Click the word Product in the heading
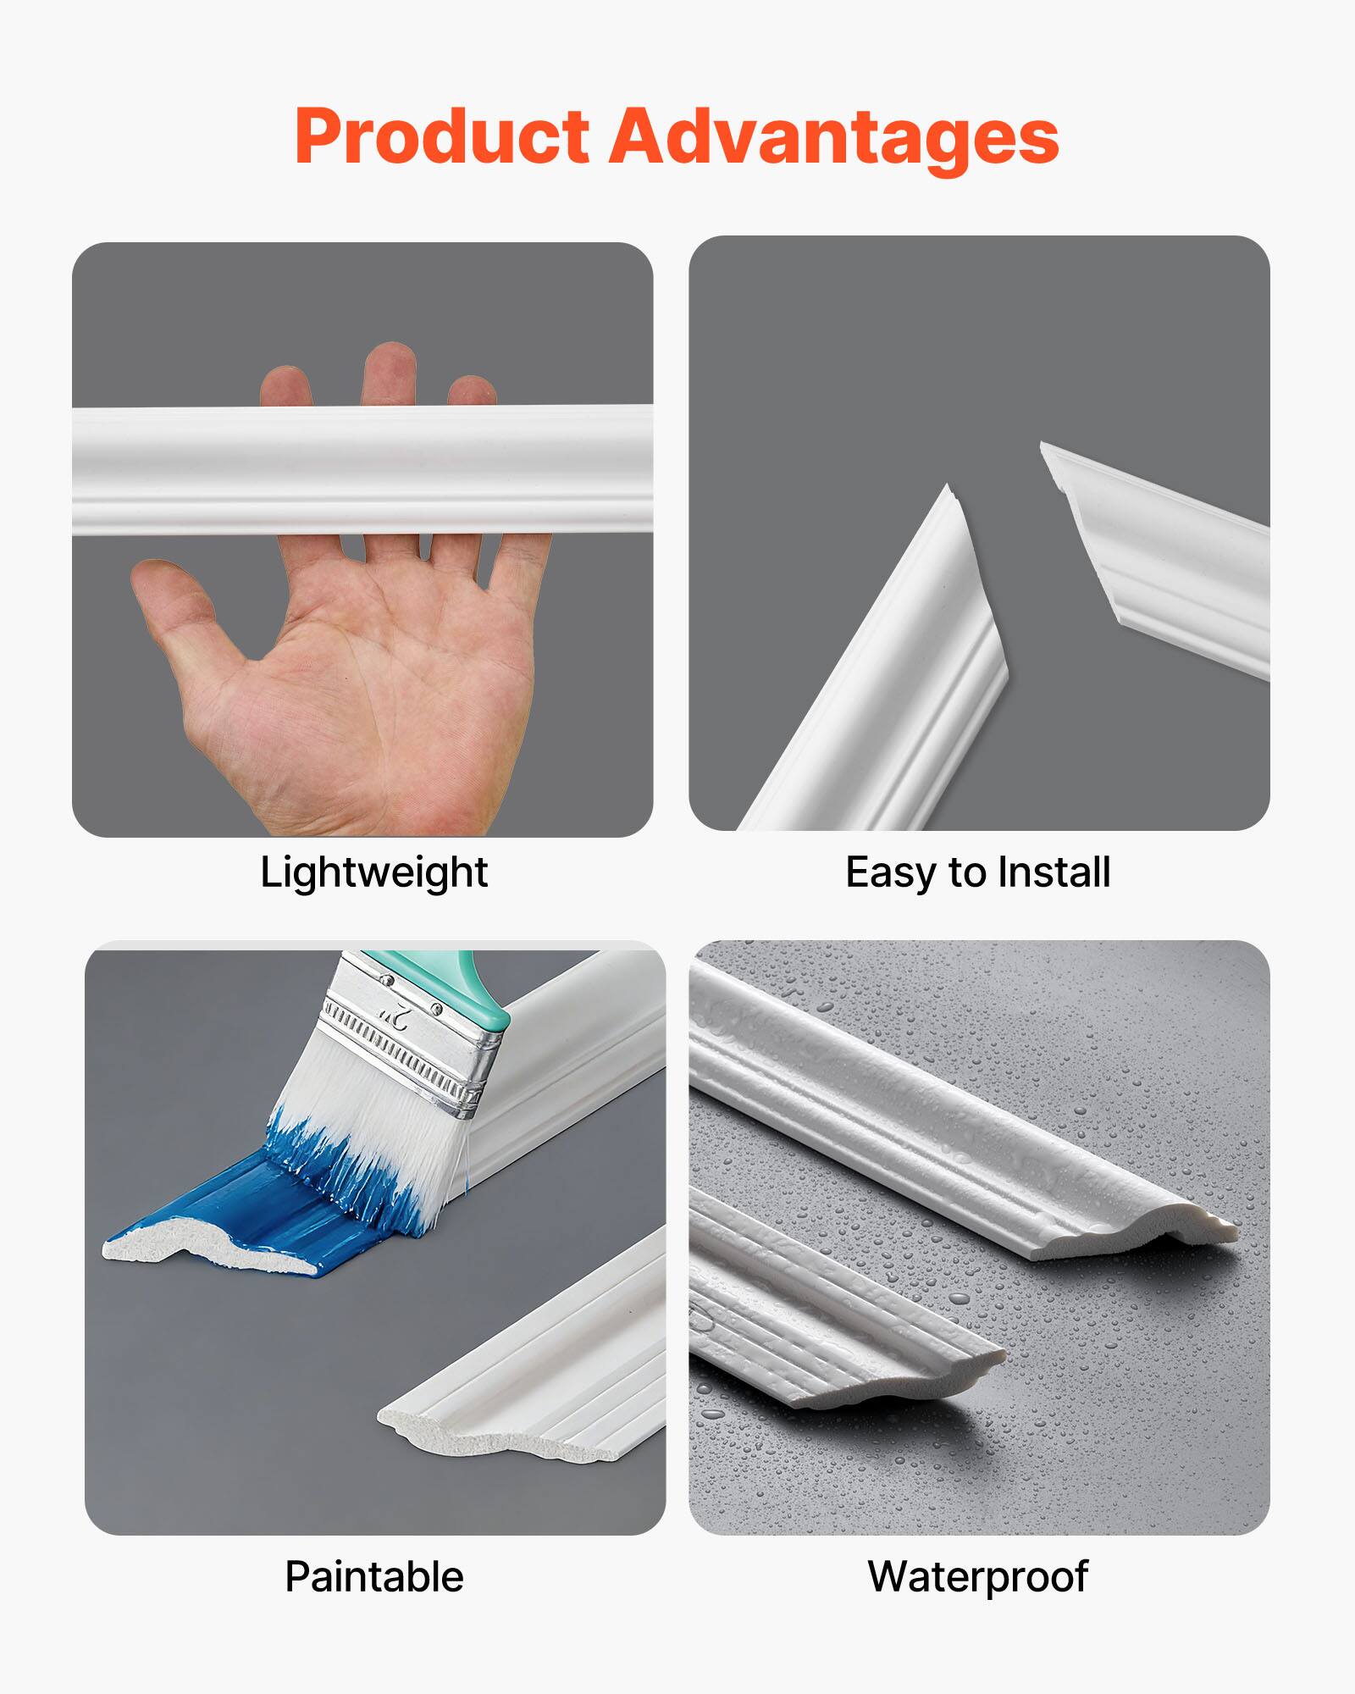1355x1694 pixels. click(441, 137)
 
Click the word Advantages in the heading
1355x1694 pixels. click(834, 137)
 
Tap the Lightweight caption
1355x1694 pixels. click(373, 872)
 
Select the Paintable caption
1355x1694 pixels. click(373, 1577)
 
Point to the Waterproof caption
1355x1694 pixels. click(978, 1577)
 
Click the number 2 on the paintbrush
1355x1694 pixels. click(395, 1011)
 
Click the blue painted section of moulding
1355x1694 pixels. click(254, 1203)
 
